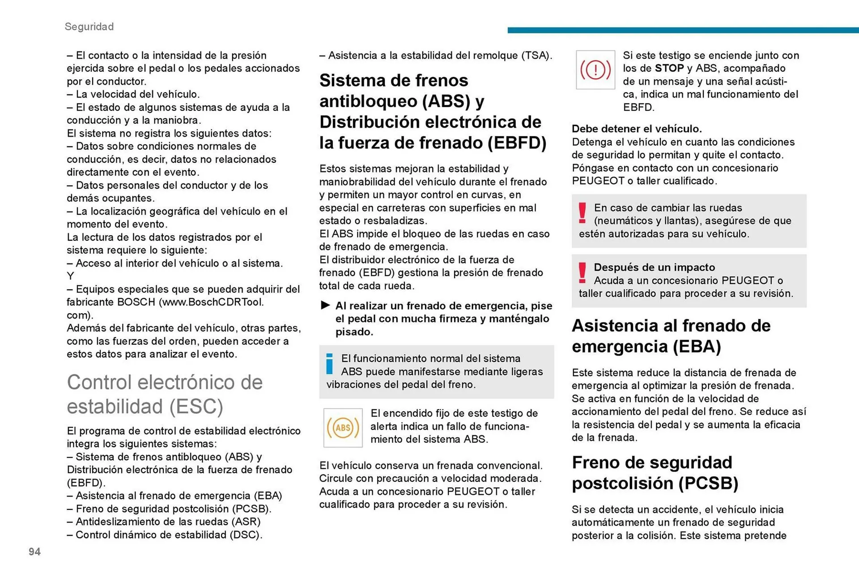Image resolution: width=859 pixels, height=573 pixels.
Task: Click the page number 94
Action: [34, 552]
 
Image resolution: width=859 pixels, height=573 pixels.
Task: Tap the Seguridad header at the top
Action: [89, 27]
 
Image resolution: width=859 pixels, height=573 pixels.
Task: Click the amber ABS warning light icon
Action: [343, 428]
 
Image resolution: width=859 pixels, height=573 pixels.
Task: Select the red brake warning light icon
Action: [595, 70]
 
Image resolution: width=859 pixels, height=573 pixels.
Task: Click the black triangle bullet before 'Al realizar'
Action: [325, 305]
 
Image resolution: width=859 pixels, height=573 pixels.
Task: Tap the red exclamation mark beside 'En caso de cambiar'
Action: [582, 213]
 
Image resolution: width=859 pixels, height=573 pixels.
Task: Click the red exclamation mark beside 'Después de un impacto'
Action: [582, 272]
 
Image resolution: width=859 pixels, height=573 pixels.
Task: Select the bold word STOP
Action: [669, 68]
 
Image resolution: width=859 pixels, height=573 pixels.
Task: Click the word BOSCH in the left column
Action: [136, 302]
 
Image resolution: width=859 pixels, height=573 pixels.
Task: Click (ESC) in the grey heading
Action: [196, 407]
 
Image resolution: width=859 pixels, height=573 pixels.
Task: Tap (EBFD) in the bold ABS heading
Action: [517, 143]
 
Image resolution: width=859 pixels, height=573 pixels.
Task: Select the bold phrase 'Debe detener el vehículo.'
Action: [637, 129]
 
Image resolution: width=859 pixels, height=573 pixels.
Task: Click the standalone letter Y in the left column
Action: [70, 276]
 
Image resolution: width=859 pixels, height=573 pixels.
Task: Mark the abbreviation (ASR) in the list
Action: [246, 522]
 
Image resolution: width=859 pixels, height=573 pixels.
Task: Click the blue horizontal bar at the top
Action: [683, 30]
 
